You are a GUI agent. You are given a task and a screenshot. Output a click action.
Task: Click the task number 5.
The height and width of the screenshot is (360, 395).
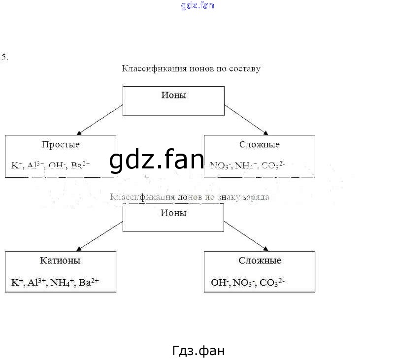4,57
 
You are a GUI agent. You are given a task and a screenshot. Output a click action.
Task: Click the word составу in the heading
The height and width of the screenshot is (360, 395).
243,68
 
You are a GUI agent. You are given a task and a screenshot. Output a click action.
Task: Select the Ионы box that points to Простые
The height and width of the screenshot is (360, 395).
173,100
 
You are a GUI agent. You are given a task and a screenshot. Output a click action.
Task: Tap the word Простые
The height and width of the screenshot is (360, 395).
61,144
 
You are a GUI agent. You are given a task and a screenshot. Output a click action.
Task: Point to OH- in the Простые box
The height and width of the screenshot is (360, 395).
57,165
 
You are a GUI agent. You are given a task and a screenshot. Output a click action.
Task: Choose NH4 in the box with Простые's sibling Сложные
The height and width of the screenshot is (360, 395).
244,166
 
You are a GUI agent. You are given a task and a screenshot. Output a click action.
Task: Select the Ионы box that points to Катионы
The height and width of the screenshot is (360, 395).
173,217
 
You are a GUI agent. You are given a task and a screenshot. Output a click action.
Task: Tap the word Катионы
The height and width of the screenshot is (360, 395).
61,261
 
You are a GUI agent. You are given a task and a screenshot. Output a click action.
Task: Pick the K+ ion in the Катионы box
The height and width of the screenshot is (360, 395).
17,283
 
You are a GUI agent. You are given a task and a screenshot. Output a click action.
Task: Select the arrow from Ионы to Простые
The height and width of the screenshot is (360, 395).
100,119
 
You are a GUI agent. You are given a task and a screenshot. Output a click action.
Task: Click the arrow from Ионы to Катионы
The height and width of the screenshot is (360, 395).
100,235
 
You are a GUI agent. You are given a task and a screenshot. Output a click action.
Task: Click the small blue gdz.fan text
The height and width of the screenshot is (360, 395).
197,6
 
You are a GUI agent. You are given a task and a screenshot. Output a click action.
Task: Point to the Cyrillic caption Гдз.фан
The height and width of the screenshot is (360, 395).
198,351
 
